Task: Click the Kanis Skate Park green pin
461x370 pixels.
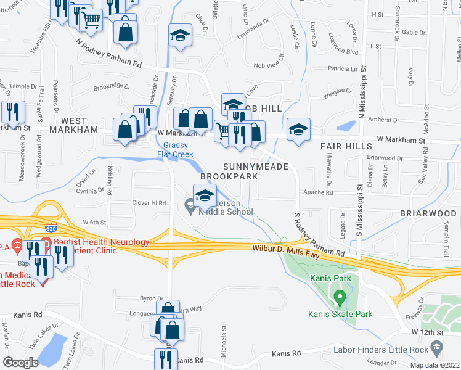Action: pyautogui.click(x=338, y=299)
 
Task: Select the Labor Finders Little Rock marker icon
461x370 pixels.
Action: pyautogui.click(x=437, y=348)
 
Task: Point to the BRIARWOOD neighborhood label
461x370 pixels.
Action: pyautogui.click(x=427, y=213)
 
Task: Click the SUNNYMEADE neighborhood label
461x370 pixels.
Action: pyautogui.click(x=251, y=166)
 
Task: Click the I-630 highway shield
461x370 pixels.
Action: pyautogui.click(x=50, y=226)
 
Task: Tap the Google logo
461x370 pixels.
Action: pyautogui.click(x=20, y=363)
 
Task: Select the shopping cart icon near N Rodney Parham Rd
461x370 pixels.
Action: pyautogui.click(x=91, y=20)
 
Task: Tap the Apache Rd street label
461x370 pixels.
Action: pyautogui.click(x=320, y=192)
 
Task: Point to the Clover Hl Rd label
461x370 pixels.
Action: pyautogui.click(x=150, y=202)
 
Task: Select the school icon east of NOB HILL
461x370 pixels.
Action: pyautogui.click(x=298, y=129)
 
